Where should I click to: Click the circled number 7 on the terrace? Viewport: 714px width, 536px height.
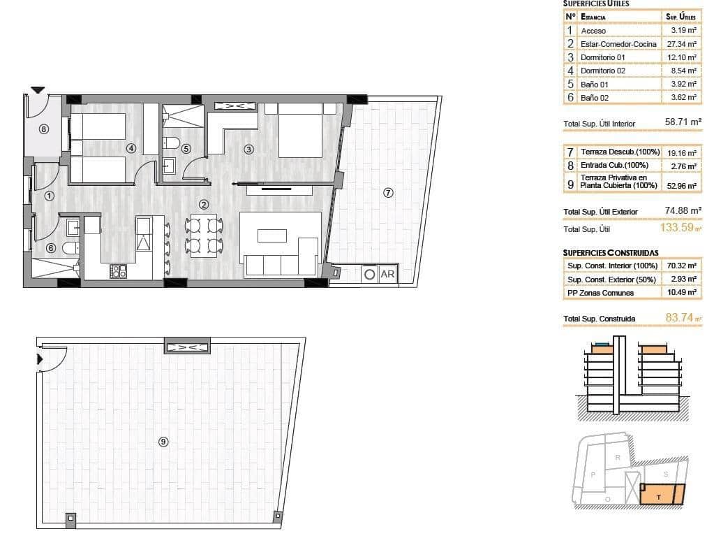coord(388,193)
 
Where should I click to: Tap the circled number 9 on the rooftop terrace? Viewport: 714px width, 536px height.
coord(163,441)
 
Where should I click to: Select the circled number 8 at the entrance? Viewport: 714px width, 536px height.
coord(44,129)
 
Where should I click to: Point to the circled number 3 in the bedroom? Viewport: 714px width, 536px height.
coord(248,149)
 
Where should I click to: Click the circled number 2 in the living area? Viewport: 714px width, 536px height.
coord(203,205)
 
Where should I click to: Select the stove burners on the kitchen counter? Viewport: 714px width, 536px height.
coord(118,270)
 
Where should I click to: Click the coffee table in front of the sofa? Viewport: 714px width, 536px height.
coord(272,236)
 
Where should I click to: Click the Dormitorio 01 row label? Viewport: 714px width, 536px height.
coord(604,57)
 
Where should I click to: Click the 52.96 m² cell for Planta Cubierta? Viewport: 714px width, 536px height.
coord(682,186)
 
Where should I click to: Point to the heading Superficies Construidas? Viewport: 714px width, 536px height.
coord(610,252)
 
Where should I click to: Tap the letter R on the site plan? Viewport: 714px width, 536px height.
coord(618,457)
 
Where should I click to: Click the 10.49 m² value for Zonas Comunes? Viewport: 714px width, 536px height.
coord(682,293)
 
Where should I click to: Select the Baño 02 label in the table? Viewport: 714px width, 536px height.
coord(595,98)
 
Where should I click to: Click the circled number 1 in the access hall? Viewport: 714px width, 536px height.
coord(49,196)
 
